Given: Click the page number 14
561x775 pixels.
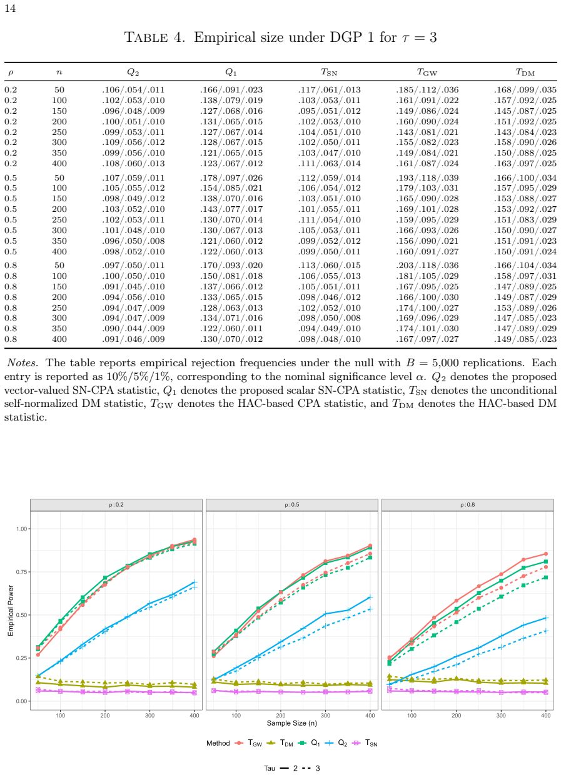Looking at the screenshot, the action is [10, 8].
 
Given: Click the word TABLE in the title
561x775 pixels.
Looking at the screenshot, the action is [146, 37].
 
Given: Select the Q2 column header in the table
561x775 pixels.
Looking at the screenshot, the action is [133, 72].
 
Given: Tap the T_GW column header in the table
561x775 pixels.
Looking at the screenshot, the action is [427, 72].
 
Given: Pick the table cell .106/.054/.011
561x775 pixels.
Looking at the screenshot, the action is [133, 90].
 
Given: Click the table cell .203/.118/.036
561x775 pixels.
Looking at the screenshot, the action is [427, 266].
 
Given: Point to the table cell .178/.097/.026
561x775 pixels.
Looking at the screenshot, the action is [231, 178].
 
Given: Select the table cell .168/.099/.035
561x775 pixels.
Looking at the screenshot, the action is [525, 90].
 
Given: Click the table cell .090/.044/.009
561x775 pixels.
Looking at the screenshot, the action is [133, 328].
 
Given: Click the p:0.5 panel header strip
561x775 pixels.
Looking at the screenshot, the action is [291, 505].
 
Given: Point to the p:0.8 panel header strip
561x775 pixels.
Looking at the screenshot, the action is [468, 505].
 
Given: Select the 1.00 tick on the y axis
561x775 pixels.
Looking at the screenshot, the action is [21, 529].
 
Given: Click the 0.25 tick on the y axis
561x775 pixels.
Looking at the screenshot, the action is [21, 658].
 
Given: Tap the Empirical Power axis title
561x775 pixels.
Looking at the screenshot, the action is [11, 611].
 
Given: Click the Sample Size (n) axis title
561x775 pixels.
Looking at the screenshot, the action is [291, 723].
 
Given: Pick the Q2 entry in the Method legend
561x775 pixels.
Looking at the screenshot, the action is [336, 743].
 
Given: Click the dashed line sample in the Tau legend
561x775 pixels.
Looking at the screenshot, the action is [306, 768].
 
